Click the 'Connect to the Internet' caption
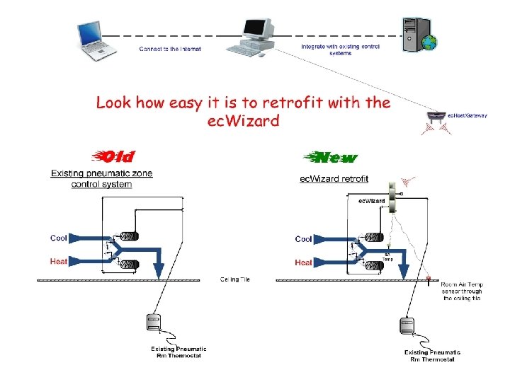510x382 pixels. click(x=170, y=49)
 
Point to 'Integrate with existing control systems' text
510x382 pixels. click(x=340, y=50)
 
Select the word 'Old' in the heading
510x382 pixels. click(x=117, y=156)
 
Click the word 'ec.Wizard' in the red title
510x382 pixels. click(x=243, y=120)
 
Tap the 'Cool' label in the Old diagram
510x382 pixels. click(x=59, y=238)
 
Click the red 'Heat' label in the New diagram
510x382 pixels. click(x=304, y=262)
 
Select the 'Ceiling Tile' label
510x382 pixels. click(x=235, y=279)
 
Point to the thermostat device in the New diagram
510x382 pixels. click(x=407, y=325)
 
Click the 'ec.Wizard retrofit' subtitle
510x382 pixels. click(x=334, y=179)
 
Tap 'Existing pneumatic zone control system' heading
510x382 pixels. click(x=101, y=179)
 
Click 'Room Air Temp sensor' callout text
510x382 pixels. click(x=462, y=291)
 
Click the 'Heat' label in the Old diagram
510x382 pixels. click(x=59, y=261)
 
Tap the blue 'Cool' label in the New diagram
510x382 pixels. click(x=304, y=239)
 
